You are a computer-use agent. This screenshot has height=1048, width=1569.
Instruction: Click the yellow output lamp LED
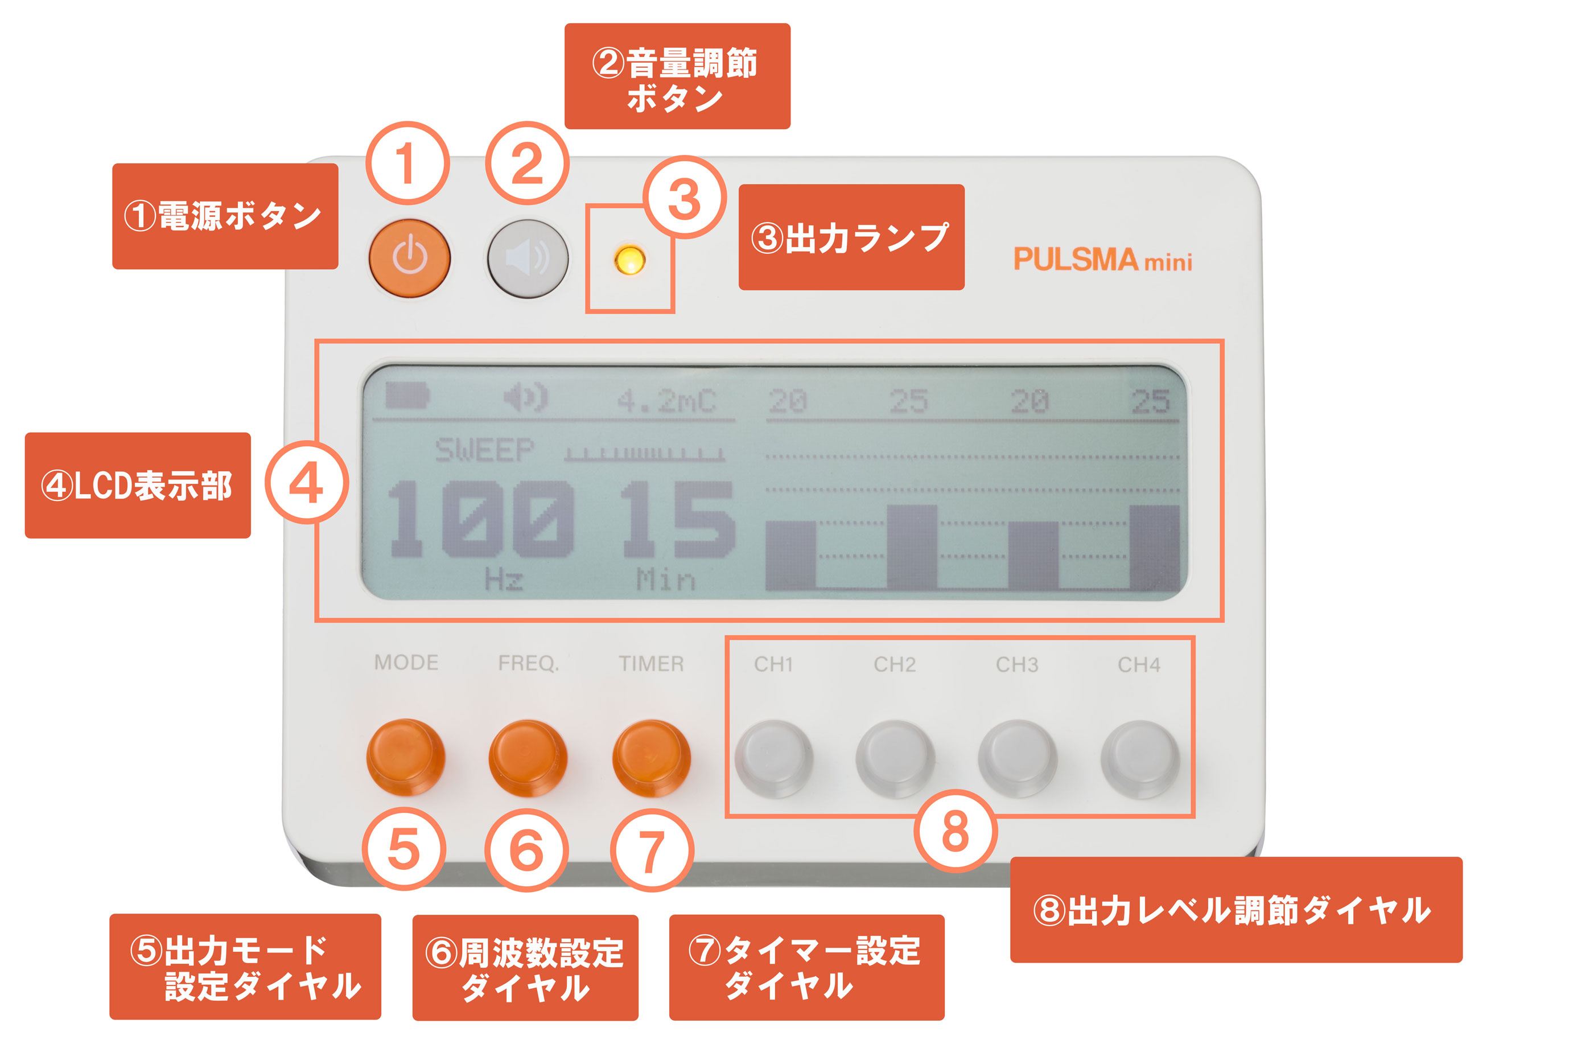(x=629, y=260)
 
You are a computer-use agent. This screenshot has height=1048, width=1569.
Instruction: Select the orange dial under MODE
(x=406, y=757)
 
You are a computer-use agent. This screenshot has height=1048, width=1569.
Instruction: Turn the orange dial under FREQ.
(x=528, y=757)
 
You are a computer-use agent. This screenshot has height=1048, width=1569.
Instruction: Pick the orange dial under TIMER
(x=651, y=758)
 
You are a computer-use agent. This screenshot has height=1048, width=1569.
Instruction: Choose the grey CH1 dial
(x=774, y=759)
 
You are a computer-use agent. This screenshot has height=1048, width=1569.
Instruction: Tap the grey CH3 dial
(x=1018, y=759)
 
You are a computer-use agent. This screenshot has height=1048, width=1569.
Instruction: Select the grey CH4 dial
(x=1140, y=759)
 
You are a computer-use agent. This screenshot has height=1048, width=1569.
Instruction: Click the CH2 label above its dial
(x=895, y=664)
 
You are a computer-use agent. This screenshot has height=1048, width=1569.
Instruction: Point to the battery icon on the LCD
(x=407, y=396)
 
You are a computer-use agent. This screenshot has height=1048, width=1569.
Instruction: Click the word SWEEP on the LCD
(x=484, y=450)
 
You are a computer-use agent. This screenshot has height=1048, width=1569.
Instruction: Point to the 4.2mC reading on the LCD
(x=666, y=401)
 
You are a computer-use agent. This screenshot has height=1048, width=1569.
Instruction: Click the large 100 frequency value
(x=480, y=519)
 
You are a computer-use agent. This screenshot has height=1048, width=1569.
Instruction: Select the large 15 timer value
(x=678, y=519)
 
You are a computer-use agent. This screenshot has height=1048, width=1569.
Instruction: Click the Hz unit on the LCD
(x=504, y=579)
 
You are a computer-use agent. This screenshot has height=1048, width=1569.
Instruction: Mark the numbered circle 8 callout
(x=956, y=831)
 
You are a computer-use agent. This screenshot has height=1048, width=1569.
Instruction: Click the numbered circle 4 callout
(x=307, y=483)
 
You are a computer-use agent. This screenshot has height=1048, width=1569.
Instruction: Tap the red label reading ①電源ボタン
(x=225, y=216)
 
